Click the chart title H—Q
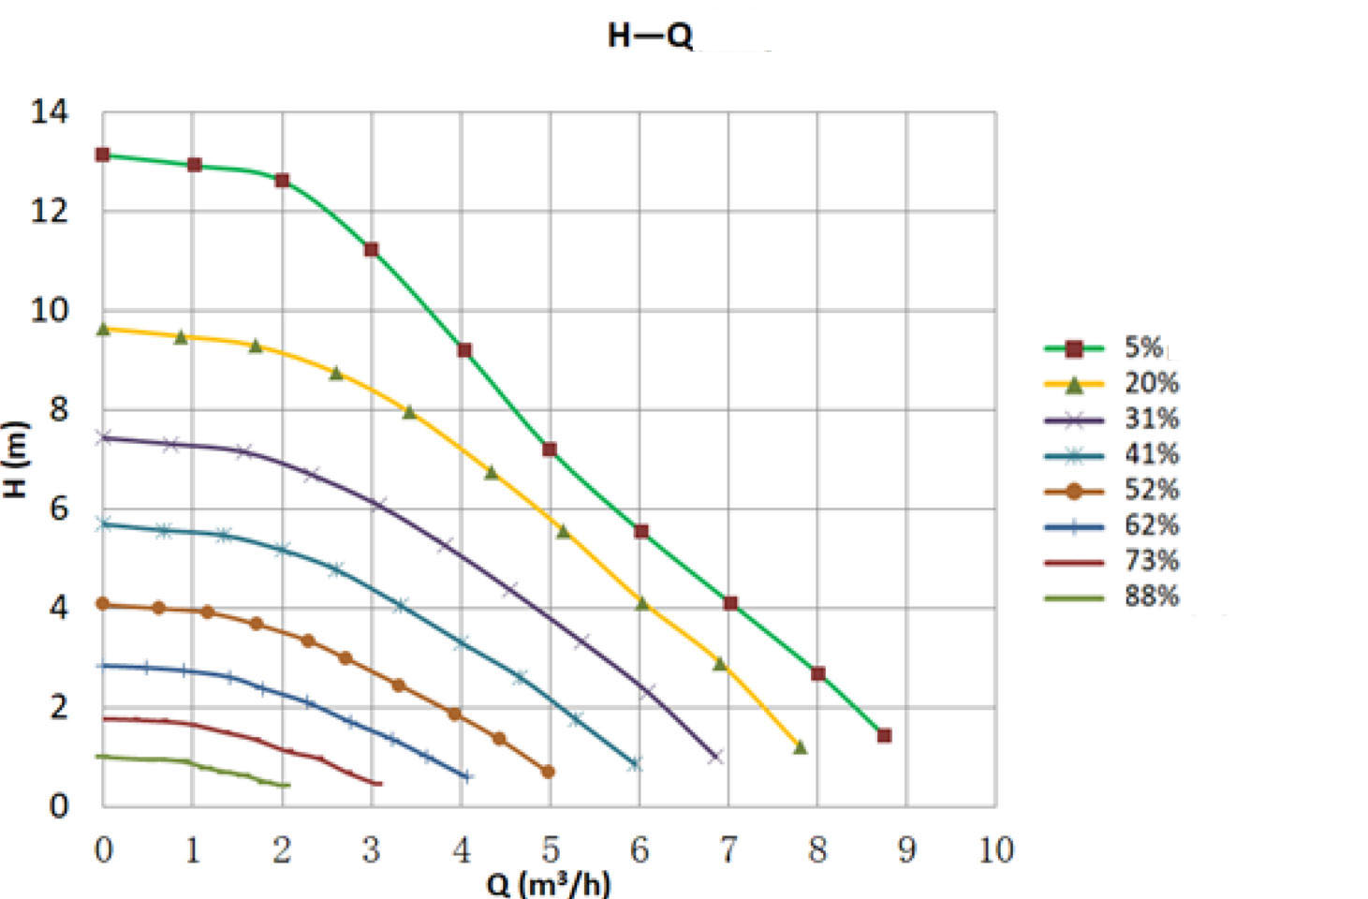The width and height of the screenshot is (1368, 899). (650, 36)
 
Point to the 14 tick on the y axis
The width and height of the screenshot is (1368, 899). (50, 112)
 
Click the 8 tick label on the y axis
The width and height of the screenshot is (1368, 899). (58, 409)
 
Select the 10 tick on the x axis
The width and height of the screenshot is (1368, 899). (995, 850)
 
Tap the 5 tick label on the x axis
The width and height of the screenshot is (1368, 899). (550, 850)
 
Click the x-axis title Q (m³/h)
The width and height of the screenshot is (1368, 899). (549, 884)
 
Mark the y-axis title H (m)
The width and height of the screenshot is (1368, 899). (15, 459)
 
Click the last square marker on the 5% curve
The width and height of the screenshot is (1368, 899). (884, 735)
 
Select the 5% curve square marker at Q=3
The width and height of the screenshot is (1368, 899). (371, 249)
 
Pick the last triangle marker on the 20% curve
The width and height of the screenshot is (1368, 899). (800, 747)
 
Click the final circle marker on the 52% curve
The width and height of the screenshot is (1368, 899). (548, 772)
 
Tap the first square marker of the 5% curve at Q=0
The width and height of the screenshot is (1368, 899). (103, 155)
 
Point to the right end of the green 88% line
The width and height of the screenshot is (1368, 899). (287, 785)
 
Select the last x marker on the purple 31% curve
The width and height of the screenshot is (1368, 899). (715, 757)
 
